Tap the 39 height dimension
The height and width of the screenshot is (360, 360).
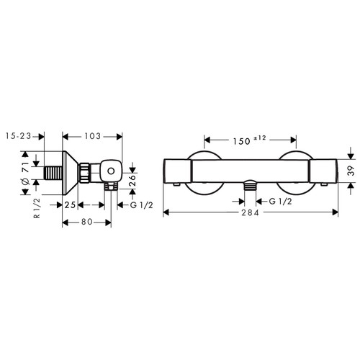[351, 171]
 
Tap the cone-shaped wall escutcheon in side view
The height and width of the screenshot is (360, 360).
[69, 172]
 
